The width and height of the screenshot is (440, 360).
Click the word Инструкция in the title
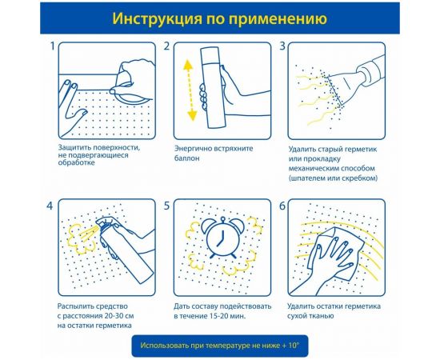[158, 18]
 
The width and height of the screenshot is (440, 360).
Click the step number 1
[52, 46]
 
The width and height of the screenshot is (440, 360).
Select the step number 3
[282, 46]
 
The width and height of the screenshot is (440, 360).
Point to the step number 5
[166, 206]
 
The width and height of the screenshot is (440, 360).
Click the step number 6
[282, 206]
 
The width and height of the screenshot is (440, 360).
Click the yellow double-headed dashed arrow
[190, 90]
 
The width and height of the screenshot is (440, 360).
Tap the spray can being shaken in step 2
[210, 87]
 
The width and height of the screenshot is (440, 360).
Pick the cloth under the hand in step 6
[334, 253]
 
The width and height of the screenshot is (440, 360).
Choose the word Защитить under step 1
[74, 148]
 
